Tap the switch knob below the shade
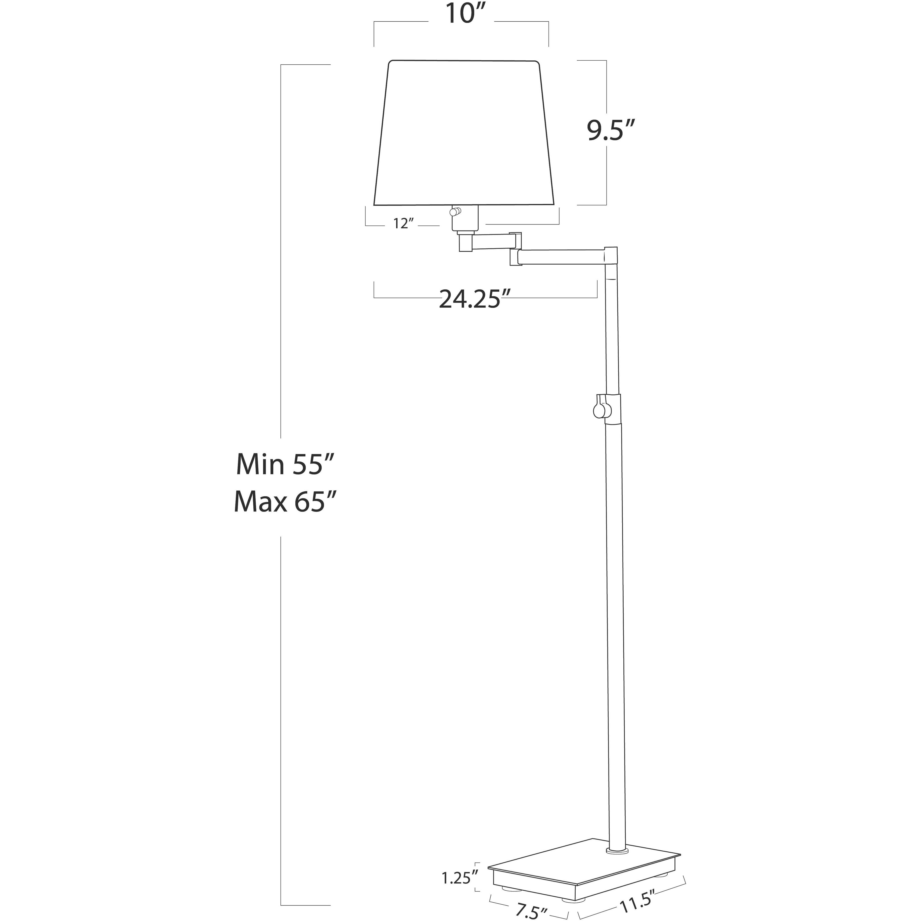click(457, 211)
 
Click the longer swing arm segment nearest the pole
click(562, 257)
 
